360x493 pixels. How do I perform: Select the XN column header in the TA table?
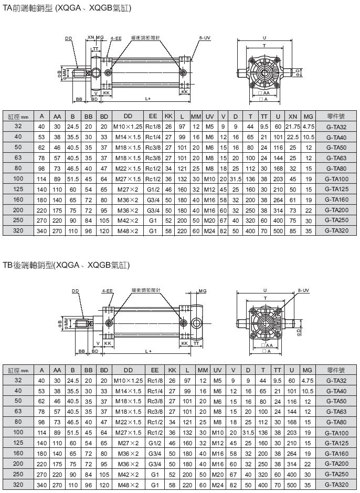pos(293,116)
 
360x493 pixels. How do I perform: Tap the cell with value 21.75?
pos(293,127)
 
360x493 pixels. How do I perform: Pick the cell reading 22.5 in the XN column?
pos(293,137)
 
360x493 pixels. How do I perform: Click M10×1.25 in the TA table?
pos(128,127)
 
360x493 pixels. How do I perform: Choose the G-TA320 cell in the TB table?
pos(337,484)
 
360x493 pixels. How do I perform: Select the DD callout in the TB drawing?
pos(75,290)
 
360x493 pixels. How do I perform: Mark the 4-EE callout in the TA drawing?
pos(115,38)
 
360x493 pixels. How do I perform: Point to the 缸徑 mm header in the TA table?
pos(18,116)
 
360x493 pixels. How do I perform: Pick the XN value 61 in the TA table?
pos(293,200)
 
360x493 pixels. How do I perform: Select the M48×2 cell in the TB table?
pos(128,484)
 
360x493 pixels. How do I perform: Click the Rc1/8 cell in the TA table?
pos(153,127)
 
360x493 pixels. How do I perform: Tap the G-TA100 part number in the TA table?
pos(337,179)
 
